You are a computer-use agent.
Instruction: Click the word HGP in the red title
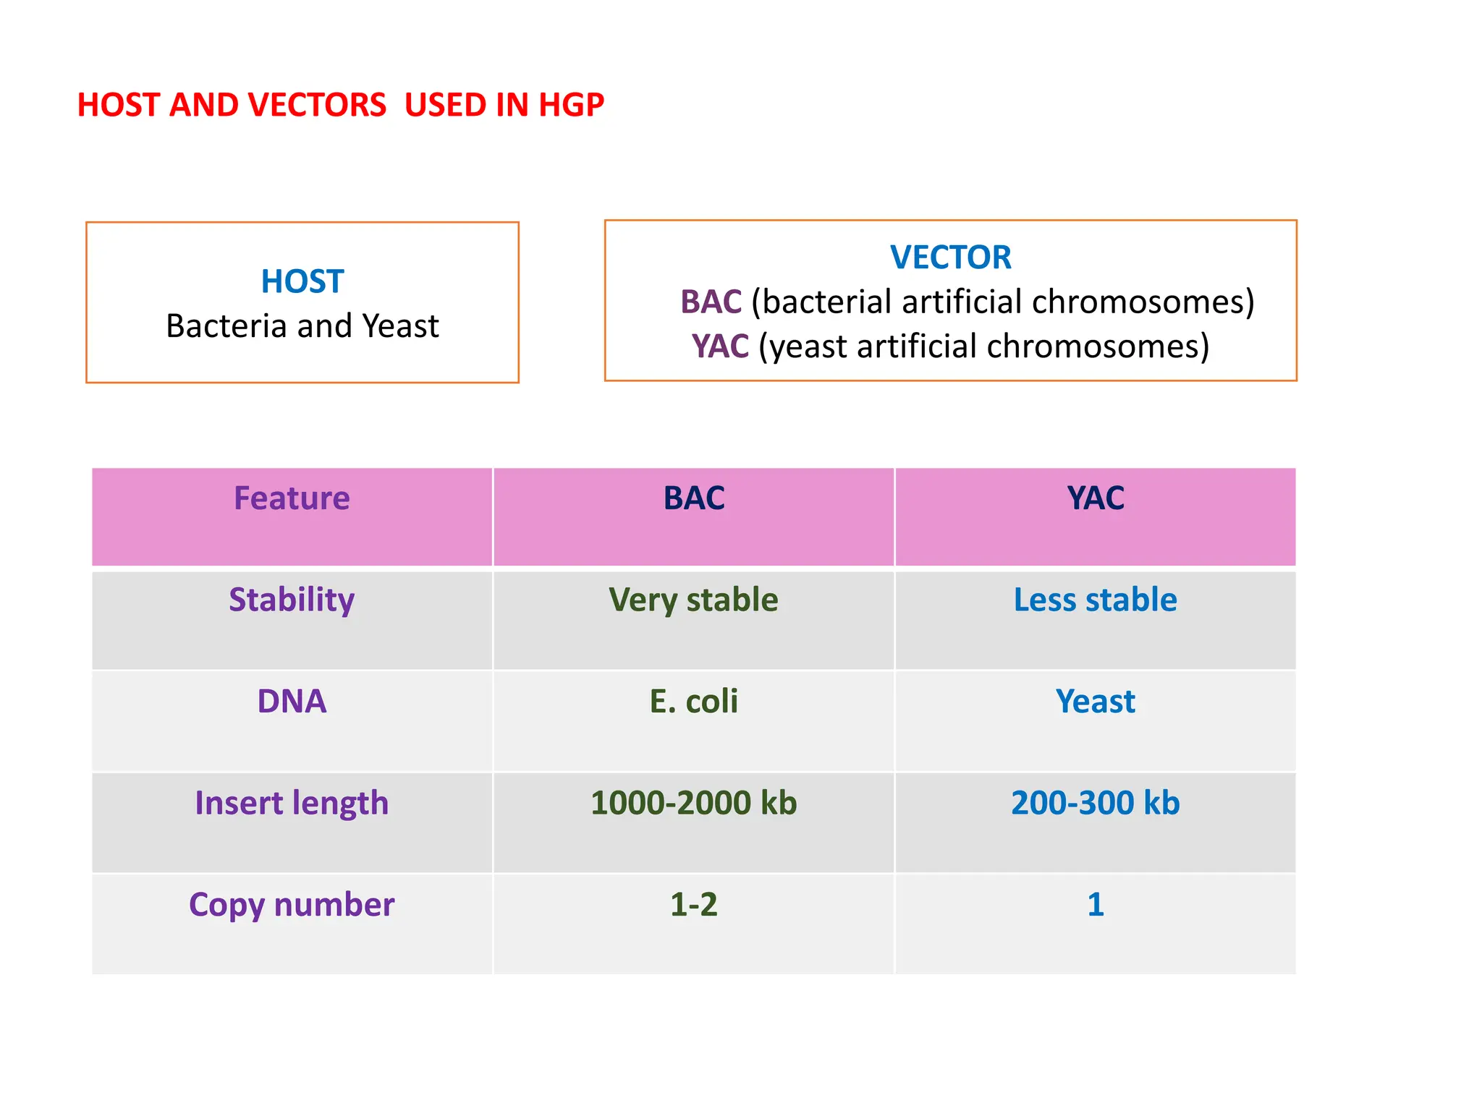pyautogui.click(x=571, y=105)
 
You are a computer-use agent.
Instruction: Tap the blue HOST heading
pyautogui.click(x=302, y=281)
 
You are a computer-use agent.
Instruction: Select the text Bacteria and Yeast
pyautogui.click(x=302, y=326)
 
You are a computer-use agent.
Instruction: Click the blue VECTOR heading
pyautogui.click(x=950, y=257)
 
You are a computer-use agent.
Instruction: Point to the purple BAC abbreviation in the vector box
pyautogui.click(x=711, y=302)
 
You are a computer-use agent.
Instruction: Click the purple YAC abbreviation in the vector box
pyautogui.click(x=719, y=346)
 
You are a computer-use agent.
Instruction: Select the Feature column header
pyautogui.click(x=292, y=498)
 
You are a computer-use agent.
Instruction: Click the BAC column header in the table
pyautogui.click(x=693, y=498)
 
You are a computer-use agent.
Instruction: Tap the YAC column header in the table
pyautogui.click(x=1095, y=498)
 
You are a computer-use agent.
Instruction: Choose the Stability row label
pyautogui.click(x=292, y=600)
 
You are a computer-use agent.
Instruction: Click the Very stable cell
pyautogui.click(x=693, y=600)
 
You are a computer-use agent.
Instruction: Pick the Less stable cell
pyautogui.click(x=1095, y=600)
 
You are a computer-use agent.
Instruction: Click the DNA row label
pyautogui.click(x=292, y=701)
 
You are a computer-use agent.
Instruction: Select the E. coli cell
pyautogui.click(x=693, y=701)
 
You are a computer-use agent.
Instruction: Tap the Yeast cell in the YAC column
pyautogui.click(x=1095, y=701)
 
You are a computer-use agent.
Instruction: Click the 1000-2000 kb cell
pyautogui.click(x=693, y=803)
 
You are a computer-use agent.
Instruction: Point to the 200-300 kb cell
pyautogui.click(x=1095, y=803)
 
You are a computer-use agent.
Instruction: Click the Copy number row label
pyautogui.click(x=292, y=904)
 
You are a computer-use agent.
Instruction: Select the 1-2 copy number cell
pyautogui.click(x=693, y=904)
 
